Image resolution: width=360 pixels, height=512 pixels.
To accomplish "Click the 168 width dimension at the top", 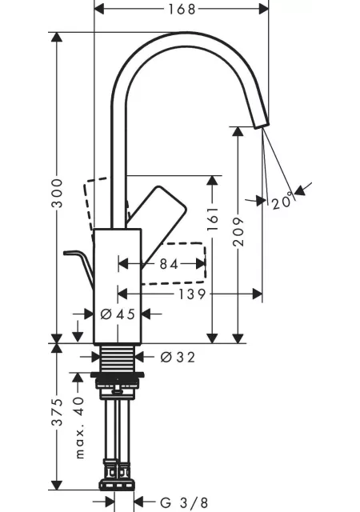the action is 182,9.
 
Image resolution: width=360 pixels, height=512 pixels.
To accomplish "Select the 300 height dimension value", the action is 58,193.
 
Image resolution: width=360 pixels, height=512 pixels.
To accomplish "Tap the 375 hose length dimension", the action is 58,412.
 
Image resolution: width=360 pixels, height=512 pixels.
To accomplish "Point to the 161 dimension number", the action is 213,218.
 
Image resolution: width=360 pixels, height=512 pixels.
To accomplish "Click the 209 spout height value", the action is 238,231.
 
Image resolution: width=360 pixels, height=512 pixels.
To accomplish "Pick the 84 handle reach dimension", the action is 169,264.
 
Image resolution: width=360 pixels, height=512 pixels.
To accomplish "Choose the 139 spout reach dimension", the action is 192,294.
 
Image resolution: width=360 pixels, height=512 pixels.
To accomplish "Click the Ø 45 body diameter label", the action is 118,314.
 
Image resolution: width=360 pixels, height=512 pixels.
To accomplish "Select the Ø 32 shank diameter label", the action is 178,357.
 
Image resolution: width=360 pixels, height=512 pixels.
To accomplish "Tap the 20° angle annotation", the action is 282,202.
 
